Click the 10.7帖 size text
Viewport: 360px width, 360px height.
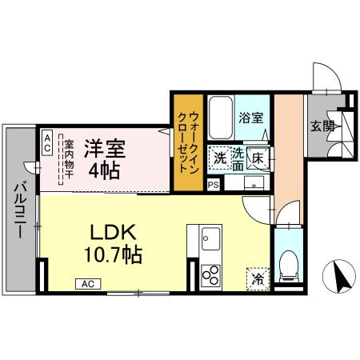tap(114, 256)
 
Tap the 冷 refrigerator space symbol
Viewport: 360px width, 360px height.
tap(257, 279)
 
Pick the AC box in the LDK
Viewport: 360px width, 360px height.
tap(89, 283)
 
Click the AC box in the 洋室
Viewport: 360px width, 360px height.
tap(47, 144)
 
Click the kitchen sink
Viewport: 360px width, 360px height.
tap(211, 238)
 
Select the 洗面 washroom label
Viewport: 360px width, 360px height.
tap(238, 159)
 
